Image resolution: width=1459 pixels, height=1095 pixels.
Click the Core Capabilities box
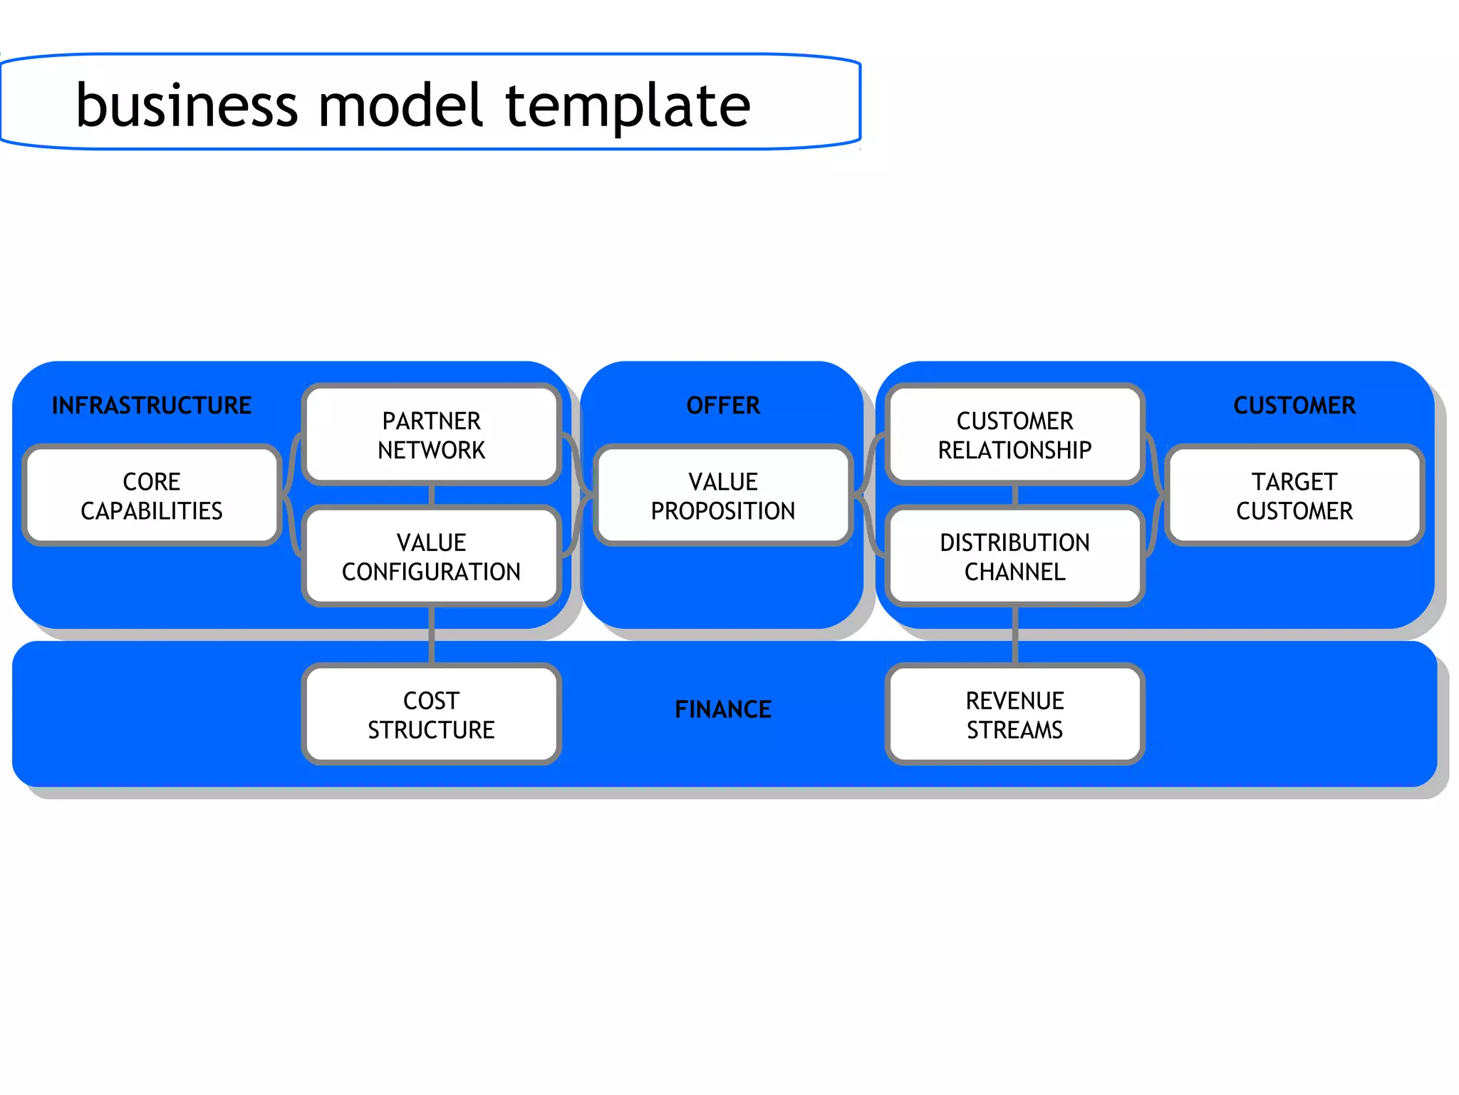[x=151, y=495]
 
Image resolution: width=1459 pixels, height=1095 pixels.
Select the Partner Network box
[x=431, y=435]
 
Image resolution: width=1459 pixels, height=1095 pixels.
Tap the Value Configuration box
[x=431, y=557]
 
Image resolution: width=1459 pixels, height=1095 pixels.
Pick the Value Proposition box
[x=722, y=495]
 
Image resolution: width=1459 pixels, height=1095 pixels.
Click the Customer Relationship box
[x=1014, y=435]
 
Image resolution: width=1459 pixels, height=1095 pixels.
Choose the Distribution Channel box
[x=1014, y=557]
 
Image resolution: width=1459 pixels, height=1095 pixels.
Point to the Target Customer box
[x=1294, y=495]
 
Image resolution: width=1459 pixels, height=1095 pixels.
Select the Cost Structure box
[x=431, y=714]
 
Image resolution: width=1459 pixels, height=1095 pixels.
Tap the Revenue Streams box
[x=1014, y=714]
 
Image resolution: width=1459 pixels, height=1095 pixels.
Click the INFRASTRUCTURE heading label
[x=152, y=405]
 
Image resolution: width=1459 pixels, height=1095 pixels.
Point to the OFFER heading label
[x=722, y=405]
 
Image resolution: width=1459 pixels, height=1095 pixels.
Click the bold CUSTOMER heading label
[x=1294, y=405]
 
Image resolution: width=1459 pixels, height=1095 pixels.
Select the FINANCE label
[x=722, y=709]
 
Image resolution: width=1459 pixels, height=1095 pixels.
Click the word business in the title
[x=187, y=106]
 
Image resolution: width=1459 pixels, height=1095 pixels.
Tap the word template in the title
[x=628, y=106]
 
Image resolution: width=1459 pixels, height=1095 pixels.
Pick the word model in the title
[x=401, y=106]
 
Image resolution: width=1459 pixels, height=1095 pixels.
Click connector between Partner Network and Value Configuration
[x=432, y=495]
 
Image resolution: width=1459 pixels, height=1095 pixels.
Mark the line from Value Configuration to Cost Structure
[x=432, y=634]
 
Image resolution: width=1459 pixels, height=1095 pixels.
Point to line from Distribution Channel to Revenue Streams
[x=1014, y=634]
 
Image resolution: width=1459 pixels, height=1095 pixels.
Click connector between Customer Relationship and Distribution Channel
[x=1014, y=495]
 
